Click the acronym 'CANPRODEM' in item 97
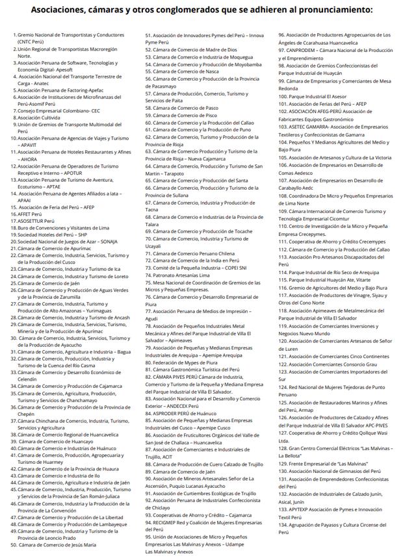coord(300,50)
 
